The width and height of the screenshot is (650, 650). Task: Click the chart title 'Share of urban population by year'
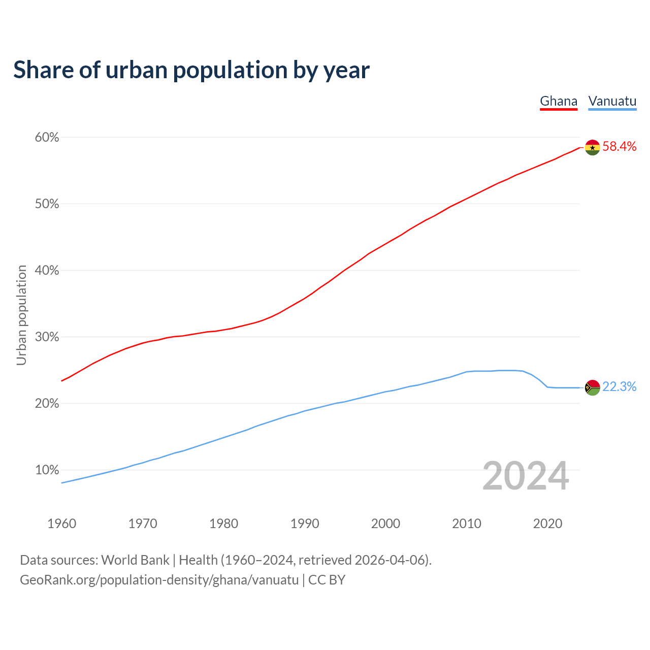tap(191, 70)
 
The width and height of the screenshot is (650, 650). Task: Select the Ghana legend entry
tap(559, 101)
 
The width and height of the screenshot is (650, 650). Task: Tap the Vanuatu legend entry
tap(612, 101)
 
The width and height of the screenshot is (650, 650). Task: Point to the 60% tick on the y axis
tap(47, 138)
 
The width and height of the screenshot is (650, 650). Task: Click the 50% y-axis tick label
tap(47, 204)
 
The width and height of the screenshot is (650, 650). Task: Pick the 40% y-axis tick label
tap(47, 271)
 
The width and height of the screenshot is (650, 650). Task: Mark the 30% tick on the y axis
tap(47, 337)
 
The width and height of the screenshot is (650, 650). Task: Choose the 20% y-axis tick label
tap(47, 404)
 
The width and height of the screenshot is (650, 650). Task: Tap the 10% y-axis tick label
tap(47, 470)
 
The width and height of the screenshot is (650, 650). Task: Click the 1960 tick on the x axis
tap(62, 524)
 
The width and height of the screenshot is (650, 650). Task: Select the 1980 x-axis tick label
tap(224, 524)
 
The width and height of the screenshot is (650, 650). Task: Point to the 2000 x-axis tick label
tap(386, 524)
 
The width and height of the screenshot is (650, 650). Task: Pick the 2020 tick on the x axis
tap(547, 524)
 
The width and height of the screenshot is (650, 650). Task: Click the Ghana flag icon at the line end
tap(593, 147)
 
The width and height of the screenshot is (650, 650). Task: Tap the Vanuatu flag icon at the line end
tap(593, 387)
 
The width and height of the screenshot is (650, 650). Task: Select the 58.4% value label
tap(619, 147)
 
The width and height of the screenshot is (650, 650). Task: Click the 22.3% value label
tap(619, 387)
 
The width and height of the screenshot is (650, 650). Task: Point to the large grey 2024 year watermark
tap(526, 476)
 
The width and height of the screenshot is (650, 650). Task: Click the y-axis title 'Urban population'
tap(21, 315)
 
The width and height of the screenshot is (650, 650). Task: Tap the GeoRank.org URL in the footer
tap(159, 580)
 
